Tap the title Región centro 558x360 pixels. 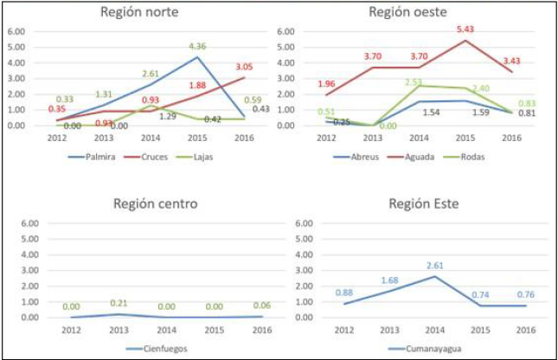coord(156,203)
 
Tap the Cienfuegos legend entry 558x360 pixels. coord(158,349)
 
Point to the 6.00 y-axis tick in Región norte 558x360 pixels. coord(16,32)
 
